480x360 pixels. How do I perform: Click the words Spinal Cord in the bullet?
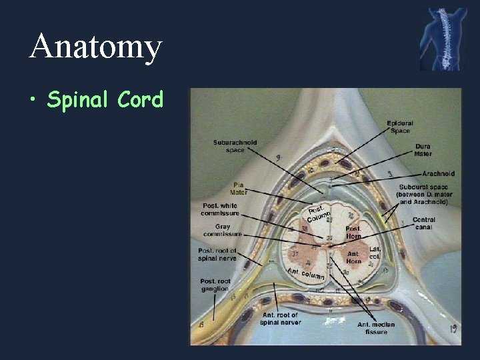pos(105,100)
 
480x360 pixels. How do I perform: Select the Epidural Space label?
pos(400,127)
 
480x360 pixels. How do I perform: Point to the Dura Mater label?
pos(423,150)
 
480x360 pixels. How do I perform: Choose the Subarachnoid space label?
pos(235,145)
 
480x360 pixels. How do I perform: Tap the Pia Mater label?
pos(238,188)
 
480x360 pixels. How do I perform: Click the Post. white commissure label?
pos(219,209)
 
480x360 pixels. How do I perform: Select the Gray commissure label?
pos(222,230)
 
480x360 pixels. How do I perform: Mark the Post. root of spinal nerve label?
pos(217,254)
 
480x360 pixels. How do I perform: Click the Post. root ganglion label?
pos(215,285)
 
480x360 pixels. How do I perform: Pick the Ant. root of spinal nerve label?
pos(280,319)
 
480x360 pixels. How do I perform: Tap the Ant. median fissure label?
pos(376,328)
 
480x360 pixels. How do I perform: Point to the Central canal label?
pos(424,223)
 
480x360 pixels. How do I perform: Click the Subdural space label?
pos(424,194)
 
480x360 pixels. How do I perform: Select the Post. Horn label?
pos(353,232)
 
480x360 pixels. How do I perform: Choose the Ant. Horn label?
pos(353,257)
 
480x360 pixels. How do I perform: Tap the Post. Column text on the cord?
pos(319,213)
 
